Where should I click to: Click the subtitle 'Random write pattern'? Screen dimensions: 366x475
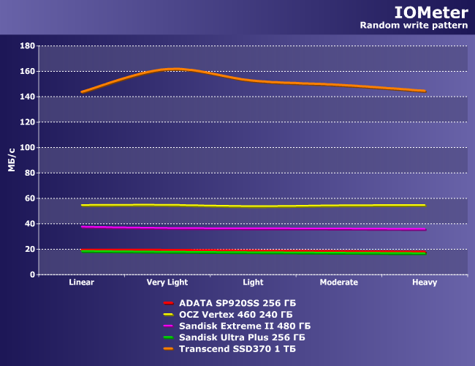click(x=414, y=26)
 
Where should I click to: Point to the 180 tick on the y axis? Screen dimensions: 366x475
click(x=28, y=46)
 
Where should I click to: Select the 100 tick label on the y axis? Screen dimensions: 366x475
click(x=28, y=148)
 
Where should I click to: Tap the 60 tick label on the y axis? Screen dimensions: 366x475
click(x=30, y=198)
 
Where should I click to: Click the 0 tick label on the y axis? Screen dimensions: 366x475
click(x=32, y=274)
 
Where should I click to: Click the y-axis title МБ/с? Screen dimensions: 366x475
click(x=12, y=160)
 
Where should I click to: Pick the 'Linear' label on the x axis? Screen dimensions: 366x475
click(x=82, y=283)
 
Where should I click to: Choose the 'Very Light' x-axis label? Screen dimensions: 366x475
click(x=167, y=283)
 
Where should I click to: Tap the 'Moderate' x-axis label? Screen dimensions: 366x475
click(x=339, y=283)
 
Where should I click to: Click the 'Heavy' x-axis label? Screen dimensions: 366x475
click(x=425, y=283)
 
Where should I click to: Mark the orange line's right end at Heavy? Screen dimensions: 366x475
click(x=425, y=91)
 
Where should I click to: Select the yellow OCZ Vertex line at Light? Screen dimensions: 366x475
click(x=254, y=206)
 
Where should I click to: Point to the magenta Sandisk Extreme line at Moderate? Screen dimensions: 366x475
click(x=339, y=229)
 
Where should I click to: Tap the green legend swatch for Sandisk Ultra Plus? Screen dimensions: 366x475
click(x=167, y=337)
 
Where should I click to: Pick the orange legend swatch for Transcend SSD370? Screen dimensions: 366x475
click(x=167, y=349)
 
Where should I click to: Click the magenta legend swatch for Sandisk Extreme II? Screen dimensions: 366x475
click(x=167, y=326)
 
